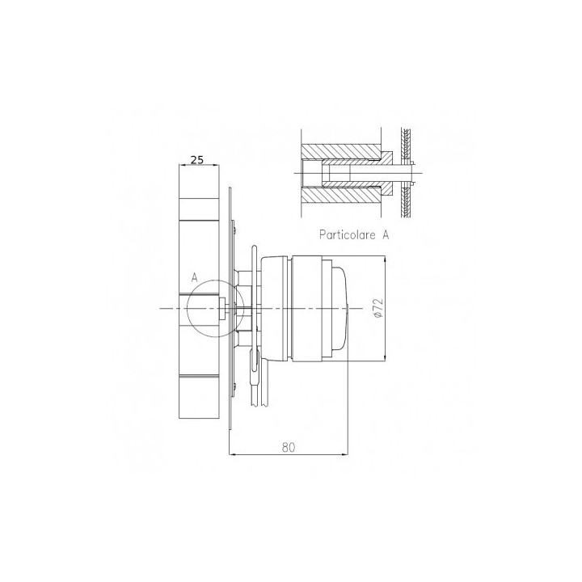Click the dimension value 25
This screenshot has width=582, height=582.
click(197, 159)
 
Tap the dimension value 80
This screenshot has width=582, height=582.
click(289, 447)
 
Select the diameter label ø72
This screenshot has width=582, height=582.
click(378, 308)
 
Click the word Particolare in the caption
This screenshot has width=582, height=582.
click(348, 234)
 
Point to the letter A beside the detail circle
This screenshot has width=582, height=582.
click(194, 277)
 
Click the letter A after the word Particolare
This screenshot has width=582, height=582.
click(386, 234)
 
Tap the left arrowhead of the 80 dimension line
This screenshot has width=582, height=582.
click(232, 453)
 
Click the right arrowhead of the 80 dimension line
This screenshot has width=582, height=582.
click(345, 453)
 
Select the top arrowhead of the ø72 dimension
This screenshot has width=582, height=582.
click(386, 259)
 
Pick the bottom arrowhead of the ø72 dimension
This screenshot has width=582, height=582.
click(386, 357)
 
